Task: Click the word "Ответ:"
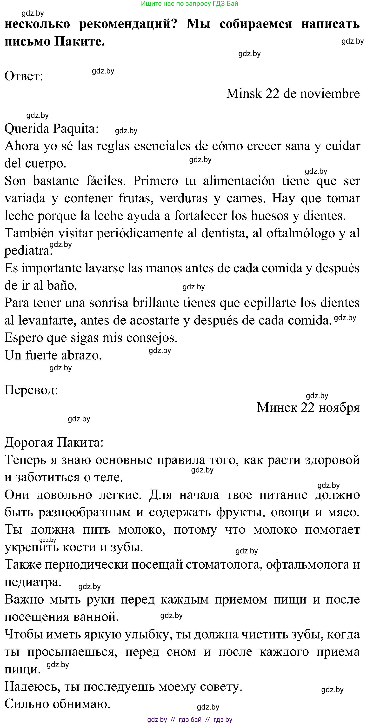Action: click(24, 76)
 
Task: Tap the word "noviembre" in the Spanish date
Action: click(330, 93)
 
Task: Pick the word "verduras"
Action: click(184, 199)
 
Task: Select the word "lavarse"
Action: click(106, 268)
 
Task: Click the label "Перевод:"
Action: click(31, 390)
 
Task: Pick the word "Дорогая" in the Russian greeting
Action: click(29, 442)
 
